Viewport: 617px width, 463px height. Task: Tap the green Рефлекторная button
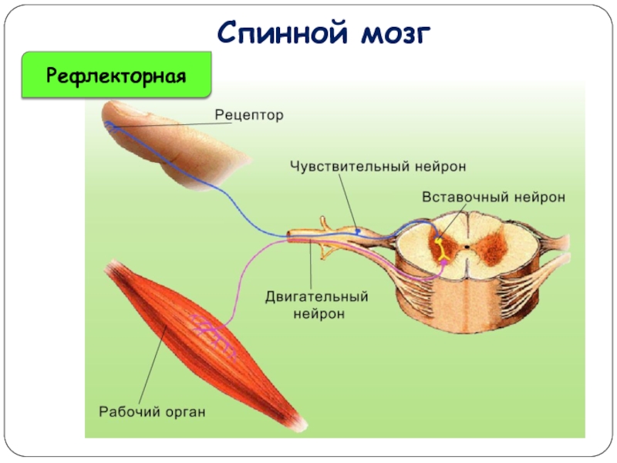(116, 75)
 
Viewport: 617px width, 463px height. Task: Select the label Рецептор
(248, 115)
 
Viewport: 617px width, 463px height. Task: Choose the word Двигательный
(317, 297)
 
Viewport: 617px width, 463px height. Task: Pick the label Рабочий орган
(152, 411)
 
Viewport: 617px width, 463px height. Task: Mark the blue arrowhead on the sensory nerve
(359, 231)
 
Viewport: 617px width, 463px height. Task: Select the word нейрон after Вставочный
(538, 197)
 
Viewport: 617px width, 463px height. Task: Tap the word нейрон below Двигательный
(318, 313)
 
